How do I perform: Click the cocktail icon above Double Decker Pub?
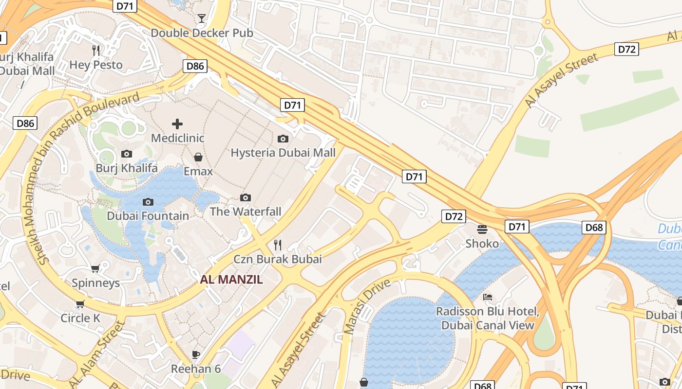point(201,18)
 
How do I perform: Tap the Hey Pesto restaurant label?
point(96,64)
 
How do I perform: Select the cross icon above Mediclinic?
point(177,124)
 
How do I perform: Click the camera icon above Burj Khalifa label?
point(127,154)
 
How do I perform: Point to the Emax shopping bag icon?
point(198,157)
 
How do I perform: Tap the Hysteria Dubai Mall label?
point(283,153)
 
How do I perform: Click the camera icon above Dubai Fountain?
point(148,202)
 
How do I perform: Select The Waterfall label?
point(246,212)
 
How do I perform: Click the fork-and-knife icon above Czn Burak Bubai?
point(278,245)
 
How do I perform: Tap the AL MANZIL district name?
point(231,280)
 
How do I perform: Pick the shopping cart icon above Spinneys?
point(95,268)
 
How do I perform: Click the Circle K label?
point(80,318)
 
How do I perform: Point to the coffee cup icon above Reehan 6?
point(196,354)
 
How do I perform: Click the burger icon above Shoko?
point(482,229)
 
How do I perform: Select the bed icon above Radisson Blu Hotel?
point(488,297)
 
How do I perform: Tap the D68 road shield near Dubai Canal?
point(594,227)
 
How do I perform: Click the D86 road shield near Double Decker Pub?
point(195,66)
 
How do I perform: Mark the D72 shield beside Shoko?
point(454,216)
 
